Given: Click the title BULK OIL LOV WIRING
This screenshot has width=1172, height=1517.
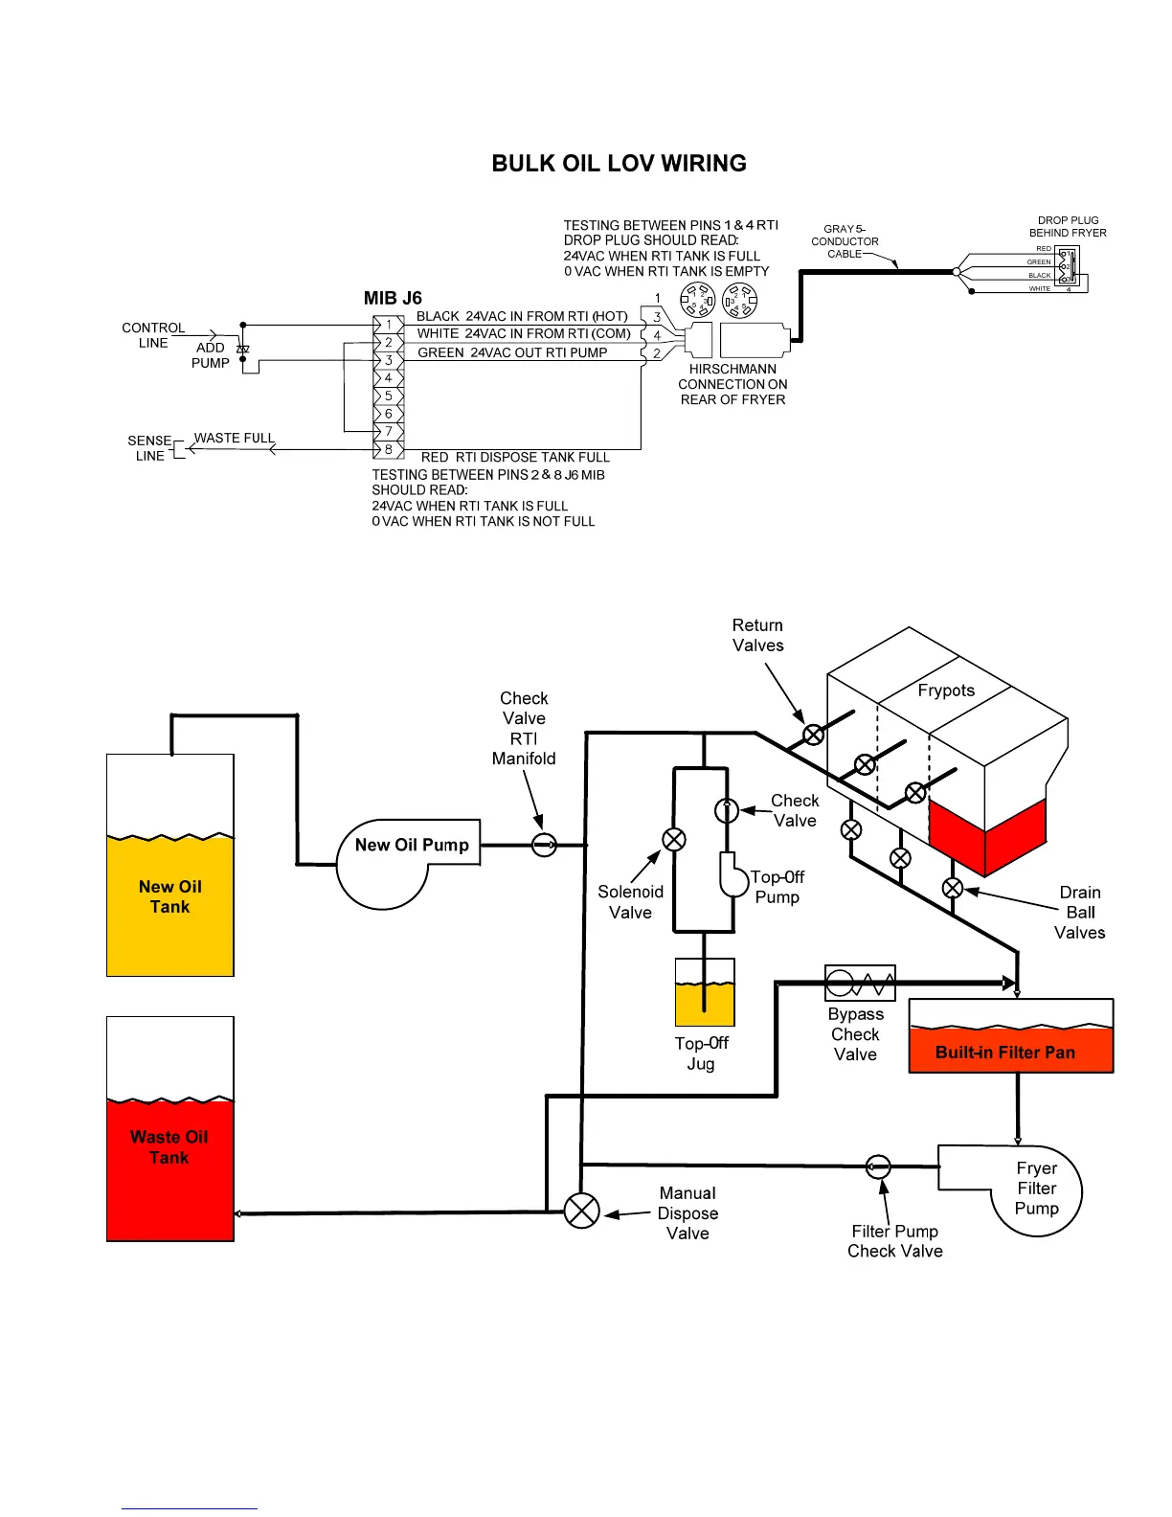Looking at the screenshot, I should click(619, 164).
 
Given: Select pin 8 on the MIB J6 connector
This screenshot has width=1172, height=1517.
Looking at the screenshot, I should click(388, 449).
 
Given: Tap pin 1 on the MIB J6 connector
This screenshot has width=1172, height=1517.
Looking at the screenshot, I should click(388, 325).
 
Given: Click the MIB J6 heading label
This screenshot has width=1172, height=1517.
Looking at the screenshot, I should click(393, 298).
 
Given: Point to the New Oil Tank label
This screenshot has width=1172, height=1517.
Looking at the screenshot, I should click(170, 897).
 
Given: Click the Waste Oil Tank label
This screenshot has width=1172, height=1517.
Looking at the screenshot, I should click(169, 1147).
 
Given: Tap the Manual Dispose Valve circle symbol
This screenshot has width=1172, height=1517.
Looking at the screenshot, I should click(581, 1211).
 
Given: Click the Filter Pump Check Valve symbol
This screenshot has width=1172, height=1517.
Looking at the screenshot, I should click(878, 1166).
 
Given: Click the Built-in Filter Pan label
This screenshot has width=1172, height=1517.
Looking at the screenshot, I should click(1005, 1053).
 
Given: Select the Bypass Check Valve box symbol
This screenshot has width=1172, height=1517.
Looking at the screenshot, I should click(860, 983).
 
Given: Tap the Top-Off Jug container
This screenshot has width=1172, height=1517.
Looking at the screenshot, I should click(705, 993).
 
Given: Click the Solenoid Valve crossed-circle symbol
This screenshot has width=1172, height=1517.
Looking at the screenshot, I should click(674, 840).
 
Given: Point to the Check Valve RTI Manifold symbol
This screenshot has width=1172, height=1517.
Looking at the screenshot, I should click(544, 845).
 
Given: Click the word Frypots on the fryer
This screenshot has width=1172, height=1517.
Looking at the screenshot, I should click(946, 691).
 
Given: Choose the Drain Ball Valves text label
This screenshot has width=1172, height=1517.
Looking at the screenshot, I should click(1079, 913).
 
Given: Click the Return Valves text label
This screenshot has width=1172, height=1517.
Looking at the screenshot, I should click(757, 635).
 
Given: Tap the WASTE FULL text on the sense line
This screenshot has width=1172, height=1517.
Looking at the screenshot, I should click(235, 439).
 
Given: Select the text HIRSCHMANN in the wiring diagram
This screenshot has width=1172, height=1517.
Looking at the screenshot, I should click(732, 369).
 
